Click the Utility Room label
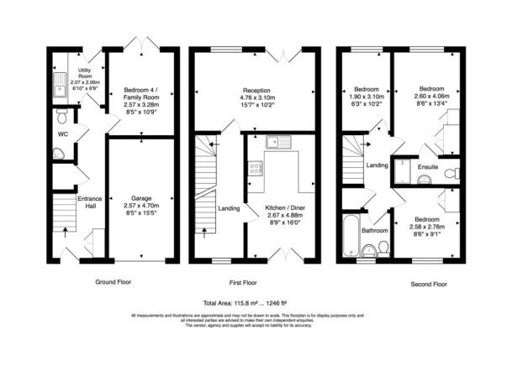[x=84, y=71]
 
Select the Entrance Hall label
[x=90, y=202]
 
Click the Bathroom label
[x=375, y=229]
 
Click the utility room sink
[x=60, y=81]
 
